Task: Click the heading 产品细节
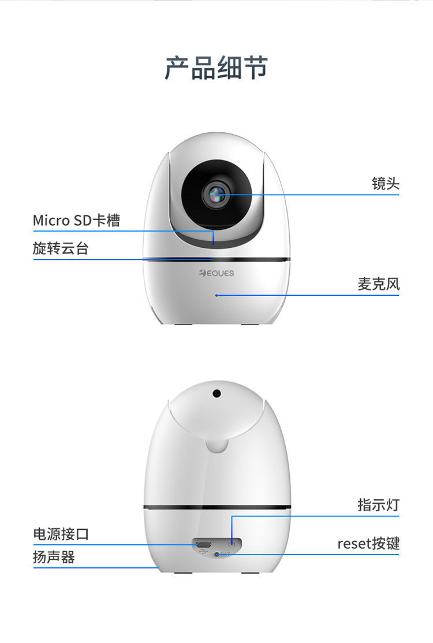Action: click(216, 68)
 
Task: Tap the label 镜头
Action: click(386, 183)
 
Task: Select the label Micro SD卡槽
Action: click(77, 220)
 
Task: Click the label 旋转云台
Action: click(61, 248)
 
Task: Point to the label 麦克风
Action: click(379, 284)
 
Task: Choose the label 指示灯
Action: click(379, 505)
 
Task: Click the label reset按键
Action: click(368, 544)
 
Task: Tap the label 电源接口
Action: click(61, 534)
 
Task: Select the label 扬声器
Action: click(54, 557)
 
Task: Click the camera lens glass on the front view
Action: click(216, 194)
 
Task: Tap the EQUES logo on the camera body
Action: click(216, 273)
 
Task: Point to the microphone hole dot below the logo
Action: click(216, 295)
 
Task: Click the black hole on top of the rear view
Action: click(216, 393)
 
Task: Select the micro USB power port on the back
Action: click(203, 545)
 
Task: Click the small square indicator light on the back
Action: click(232, 544)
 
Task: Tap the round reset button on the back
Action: click(217, 555)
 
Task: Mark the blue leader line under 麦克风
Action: click(308, 295)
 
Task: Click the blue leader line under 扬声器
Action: click(96, 568)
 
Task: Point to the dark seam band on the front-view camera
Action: click(216, 259)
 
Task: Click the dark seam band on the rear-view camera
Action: click(217, 507)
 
